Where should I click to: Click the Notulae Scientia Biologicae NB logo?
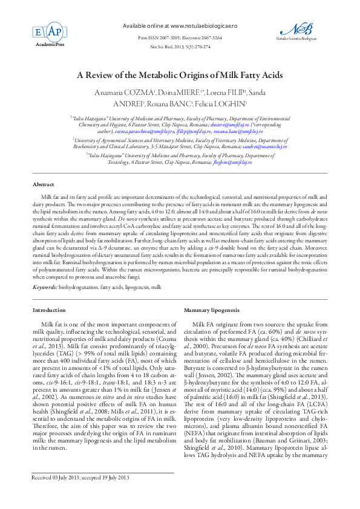coord(296,30)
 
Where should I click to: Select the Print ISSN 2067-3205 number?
coord(159,37)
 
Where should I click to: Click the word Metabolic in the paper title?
coord(159,75)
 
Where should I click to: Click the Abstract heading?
coord(43,184)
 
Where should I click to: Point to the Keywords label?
coord(45,287)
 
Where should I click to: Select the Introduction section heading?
coord(48,310)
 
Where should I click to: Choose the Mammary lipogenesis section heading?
coord(211,310)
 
